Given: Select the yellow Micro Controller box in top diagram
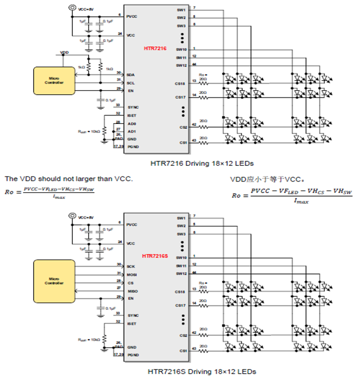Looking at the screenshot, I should click(54, 81).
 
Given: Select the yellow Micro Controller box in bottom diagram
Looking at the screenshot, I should click(54, 280).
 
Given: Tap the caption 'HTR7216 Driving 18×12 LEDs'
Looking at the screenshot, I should click(187, 164).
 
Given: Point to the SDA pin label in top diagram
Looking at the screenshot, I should click(131, 74).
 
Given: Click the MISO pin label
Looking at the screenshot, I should click(132, 291).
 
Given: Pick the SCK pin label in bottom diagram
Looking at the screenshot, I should click(131, 266).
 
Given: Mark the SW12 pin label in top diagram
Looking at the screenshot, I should click(181, 66).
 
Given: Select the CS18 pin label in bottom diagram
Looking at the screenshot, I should click(180, 292).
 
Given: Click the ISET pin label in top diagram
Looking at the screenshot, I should click(132, 114).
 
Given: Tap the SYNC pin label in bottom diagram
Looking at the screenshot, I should click(132, 315).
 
